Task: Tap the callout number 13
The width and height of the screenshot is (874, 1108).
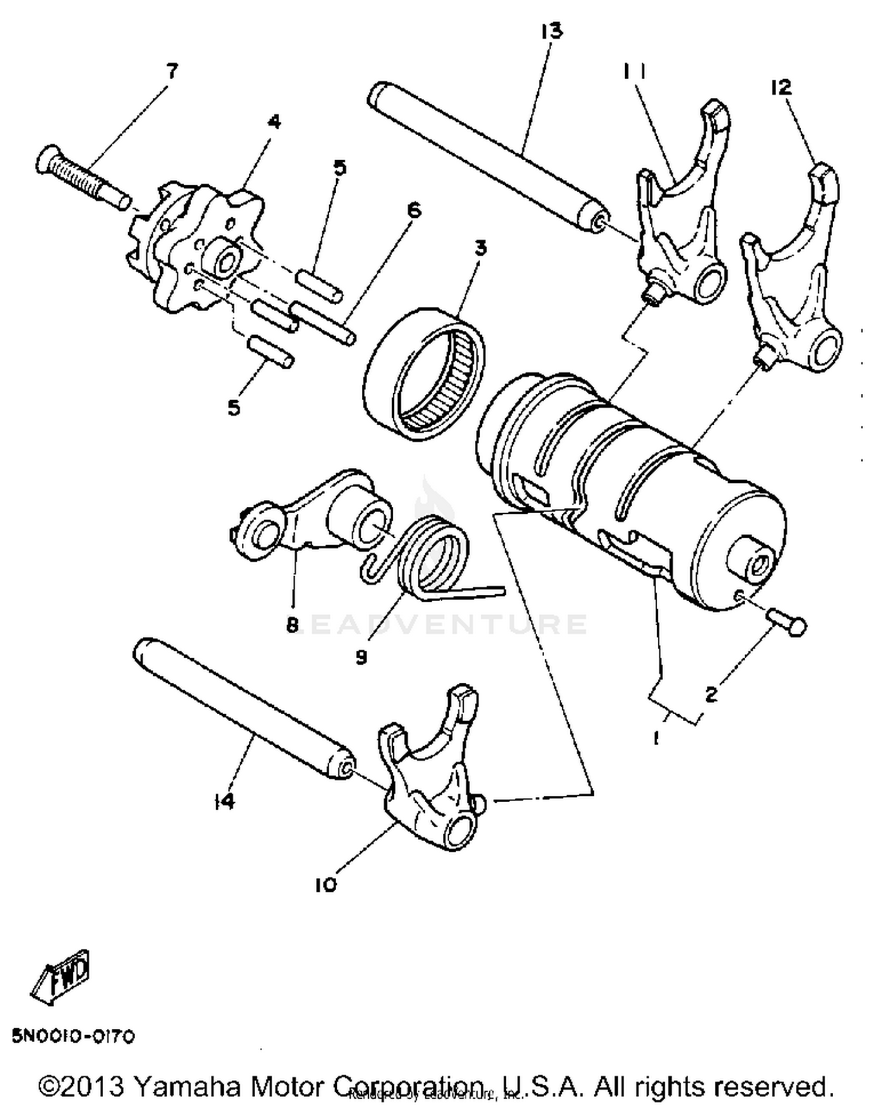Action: pyautogui.click(x=551, y=30)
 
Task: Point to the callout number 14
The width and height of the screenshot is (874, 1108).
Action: pyautogui.click(x=224, y=801)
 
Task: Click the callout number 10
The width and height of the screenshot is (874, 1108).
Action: pyautogui.click(x=326, y=885)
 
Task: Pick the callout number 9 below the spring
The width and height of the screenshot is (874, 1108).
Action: pyautogui.click(x=361, y=657)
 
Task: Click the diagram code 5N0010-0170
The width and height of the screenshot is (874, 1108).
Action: pyautogui.click(x=73, y=1036)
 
